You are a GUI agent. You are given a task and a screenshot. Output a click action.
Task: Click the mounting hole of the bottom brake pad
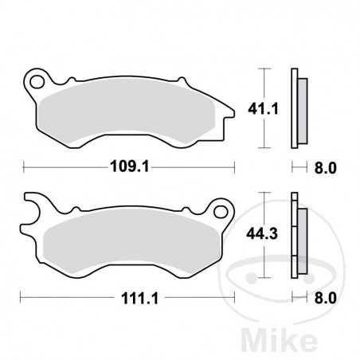[x=221, y=212]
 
